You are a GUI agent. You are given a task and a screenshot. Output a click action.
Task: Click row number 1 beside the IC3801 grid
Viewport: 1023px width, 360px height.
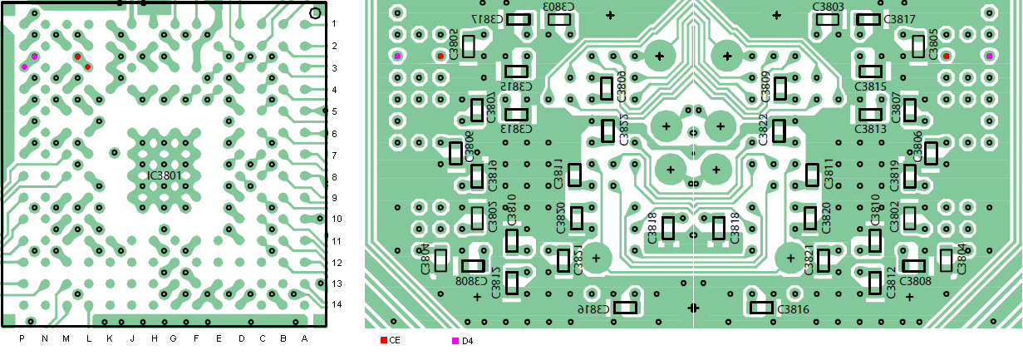pyautogui.click(x=334, y=23)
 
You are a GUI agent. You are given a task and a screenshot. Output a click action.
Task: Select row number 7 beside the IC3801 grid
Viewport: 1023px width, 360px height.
pyautogui.click(x=334, y=155)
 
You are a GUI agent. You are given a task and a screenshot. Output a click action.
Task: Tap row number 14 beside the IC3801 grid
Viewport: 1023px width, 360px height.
pyautogui.click(x=334, y=304)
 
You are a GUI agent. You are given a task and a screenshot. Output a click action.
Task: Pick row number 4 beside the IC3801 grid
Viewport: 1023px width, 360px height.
pyautogui.click(x=334, y=90)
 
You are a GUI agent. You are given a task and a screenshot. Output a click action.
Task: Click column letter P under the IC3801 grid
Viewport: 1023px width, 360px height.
pyautogui.click(x=22, y=338)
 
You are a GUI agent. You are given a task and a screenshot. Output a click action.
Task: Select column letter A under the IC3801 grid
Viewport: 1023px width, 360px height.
pyautogui.click(x=305, y=338)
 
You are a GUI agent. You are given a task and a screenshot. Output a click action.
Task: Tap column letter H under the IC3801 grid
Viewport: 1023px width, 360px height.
pyautogui.click(x=154, y=338)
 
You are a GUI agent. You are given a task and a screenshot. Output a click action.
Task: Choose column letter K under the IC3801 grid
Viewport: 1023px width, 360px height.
pyautogui.click(x=109, y=338)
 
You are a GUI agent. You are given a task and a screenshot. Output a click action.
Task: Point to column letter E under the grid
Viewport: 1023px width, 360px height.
pyautogui.click(x=219, y=338)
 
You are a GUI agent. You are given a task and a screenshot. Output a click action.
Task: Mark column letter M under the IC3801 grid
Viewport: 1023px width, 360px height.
pyautogui.click(x=66, y=338)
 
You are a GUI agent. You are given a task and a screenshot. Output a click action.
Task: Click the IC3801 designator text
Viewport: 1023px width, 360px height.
pyautogui.click(x=165, y=175)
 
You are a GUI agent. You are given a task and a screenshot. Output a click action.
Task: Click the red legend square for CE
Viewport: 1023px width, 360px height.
pyautogui.click(x=383, y=341)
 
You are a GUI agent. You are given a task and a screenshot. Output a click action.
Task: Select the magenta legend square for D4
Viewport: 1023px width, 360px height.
pyautogui.click(x=455, y=341)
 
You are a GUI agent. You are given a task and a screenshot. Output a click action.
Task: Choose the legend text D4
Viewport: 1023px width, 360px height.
pyautogui.click(x=467, y=341)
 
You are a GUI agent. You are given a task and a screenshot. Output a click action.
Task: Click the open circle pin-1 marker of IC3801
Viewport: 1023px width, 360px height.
pyautogui.click(x=315, y=12)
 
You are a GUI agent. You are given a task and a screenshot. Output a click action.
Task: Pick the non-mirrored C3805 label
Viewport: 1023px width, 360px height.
pyautogui.click(x=934, y=42)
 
